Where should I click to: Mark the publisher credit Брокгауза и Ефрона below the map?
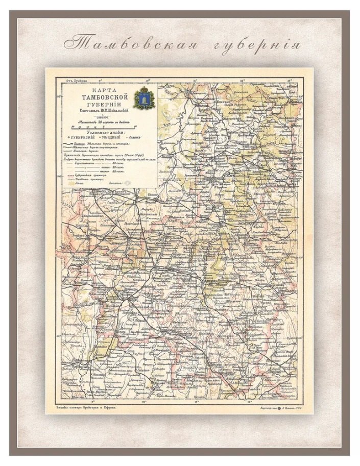86,408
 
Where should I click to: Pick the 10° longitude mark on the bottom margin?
145,402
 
